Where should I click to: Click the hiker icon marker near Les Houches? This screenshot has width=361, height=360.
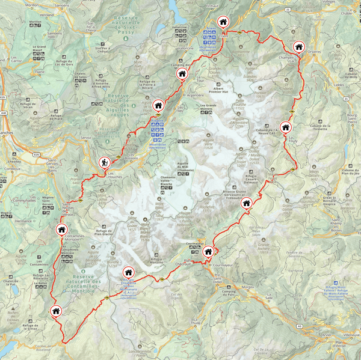[105, 162]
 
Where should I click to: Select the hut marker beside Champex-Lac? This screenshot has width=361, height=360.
[298, 47]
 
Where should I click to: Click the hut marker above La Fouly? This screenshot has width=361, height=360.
[286, 127]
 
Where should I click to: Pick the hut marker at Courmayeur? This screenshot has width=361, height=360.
[208, 251]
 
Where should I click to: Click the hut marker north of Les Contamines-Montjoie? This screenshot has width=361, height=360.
[61, 229]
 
